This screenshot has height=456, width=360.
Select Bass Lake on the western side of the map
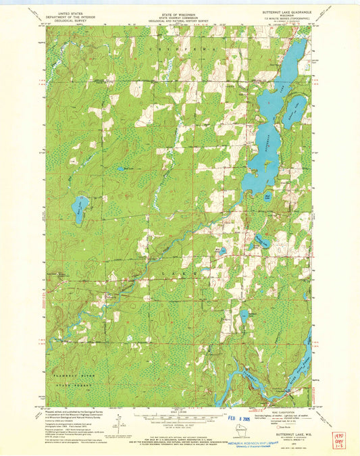point(80,209)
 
